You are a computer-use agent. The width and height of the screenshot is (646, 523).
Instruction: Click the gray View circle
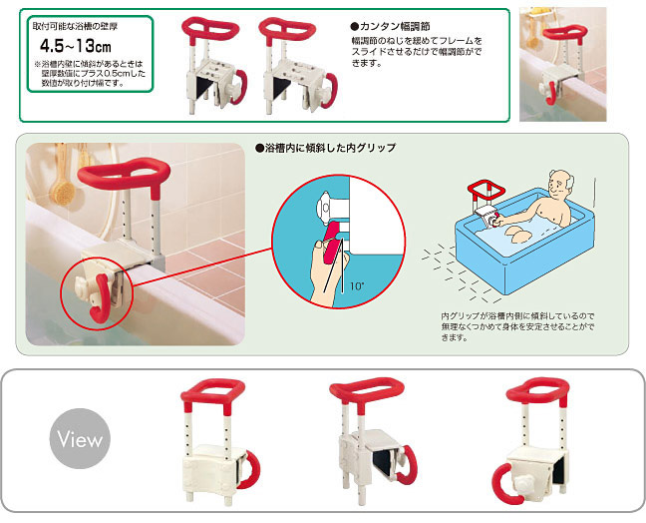click(80, 438)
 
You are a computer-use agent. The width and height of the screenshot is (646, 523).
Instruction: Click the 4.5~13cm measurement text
click(76, 46)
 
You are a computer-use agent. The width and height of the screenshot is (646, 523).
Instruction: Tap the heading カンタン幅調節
click(390, 26)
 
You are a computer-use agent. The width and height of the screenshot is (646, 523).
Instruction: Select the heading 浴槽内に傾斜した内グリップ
click(325, 148)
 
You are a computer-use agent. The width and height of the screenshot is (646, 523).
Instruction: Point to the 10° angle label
click(356, 285)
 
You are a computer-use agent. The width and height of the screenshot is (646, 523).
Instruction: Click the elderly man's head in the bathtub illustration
click(560, 186)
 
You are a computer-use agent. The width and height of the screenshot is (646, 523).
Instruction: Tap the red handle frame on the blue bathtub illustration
click(486, 191)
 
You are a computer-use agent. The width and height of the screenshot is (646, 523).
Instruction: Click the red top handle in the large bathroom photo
click(124, 176)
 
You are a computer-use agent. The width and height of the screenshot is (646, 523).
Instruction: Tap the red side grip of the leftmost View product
click(251, 470)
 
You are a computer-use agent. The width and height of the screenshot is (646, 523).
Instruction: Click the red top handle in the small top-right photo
click(564, 33)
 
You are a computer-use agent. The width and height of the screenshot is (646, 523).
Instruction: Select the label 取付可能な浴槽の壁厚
click(75, 26)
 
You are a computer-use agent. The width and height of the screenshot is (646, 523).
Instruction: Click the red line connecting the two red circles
click(201, 267)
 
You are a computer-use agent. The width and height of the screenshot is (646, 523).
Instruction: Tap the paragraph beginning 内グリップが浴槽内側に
click(517, 327)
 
